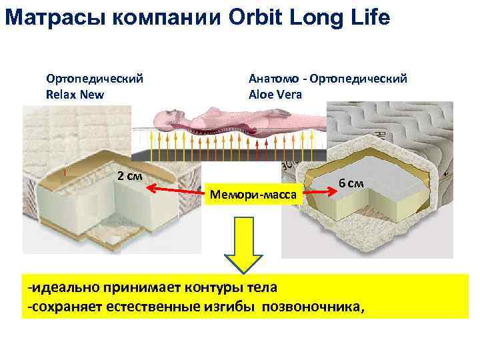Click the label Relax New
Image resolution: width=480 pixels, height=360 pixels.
pos(75,94)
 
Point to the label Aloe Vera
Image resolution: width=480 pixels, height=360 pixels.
pos(275,94)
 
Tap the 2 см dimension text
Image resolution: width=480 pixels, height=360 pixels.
pos(129,177)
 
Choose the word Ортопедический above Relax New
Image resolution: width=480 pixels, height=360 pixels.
pos(94,79)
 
